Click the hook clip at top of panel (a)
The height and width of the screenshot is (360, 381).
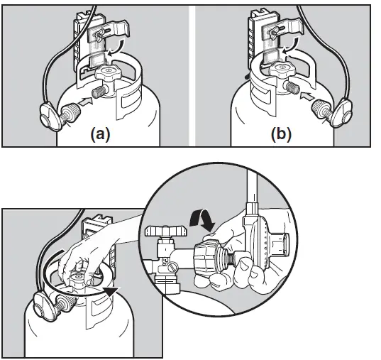point(106,31)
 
